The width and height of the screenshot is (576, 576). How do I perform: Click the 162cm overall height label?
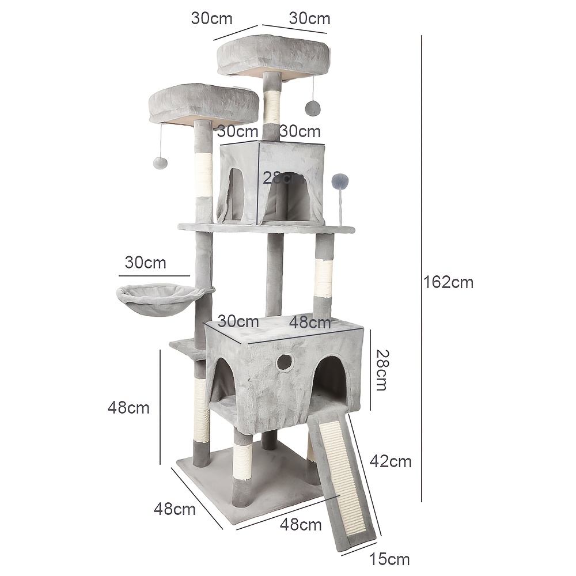(x=448, y=282)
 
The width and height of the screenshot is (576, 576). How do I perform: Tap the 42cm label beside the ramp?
(x=391, y=461)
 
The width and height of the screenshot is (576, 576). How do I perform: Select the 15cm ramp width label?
(x=390, y=559)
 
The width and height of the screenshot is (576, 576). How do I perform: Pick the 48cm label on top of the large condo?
(x=310, y=322)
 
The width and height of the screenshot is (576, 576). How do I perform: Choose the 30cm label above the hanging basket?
(x=145, y=263)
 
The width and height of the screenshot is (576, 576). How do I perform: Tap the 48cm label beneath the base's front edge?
(x=301, y=525)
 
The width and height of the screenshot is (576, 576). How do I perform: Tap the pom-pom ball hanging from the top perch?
(x=313, y=107)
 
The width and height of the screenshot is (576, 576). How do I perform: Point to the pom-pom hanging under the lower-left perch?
(x=161, y=162)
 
